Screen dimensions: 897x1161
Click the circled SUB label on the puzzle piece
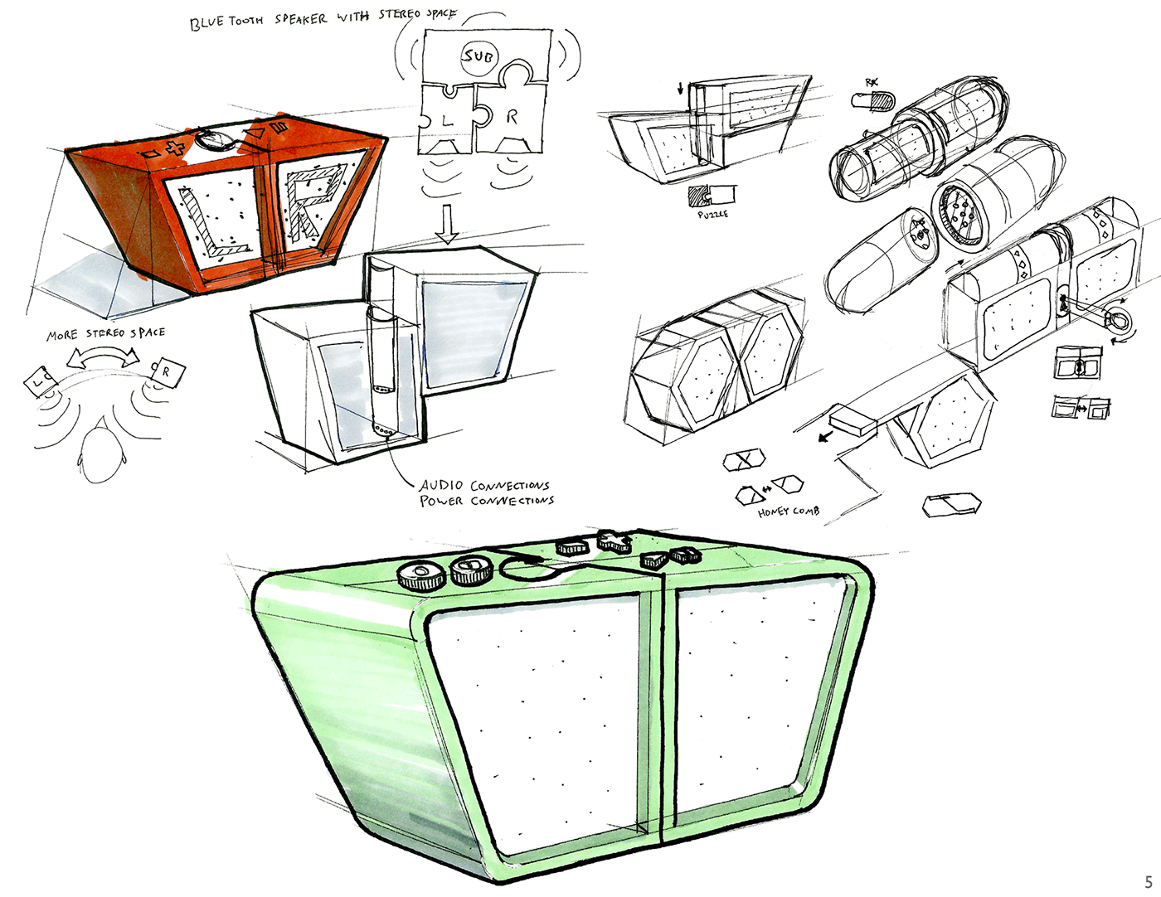(x=478, y=56)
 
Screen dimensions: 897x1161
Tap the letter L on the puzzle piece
(x=448, y=120)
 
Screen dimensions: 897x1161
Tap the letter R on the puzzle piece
(x=511, y=118)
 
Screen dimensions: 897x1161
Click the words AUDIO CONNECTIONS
(x=484, y=485)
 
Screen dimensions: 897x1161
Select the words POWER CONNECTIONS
(x=486, y=501)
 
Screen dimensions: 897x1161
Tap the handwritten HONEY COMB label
(x=788, y=512)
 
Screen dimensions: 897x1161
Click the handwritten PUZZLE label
(x=712, y=214)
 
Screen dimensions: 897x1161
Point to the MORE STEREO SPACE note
(x=105, y=333)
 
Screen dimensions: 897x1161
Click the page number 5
(x=1149, y=882)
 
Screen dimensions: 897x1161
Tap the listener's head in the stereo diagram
(x=101, y=452)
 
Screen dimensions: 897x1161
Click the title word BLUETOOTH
(x=226, y=22)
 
